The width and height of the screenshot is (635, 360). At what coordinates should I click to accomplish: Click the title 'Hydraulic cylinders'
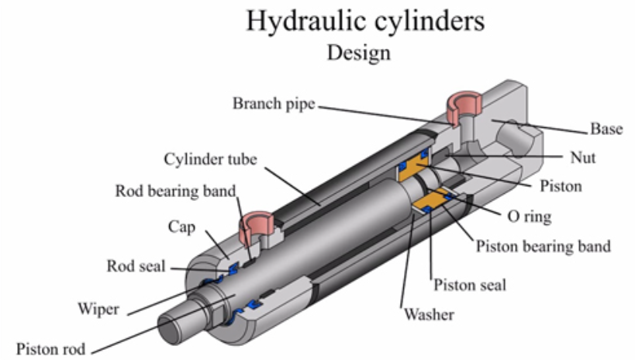[x=365, y=21]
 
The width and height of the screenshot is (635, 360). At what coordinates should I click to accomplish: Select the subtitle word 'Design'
[x=358, y=53]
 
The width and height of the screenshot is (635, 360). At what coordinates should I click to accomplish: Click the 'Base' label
[x=606, y=129]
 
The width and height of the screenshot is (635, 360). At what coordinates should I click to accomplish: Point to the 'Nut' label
[x=582, y=157]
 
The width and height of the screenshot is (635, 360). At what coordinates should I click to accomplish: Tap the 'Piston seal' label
[x=470, y=285]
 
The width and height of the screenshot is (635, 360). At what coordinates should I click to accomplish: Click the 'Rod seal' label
[x=136, y=266]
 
